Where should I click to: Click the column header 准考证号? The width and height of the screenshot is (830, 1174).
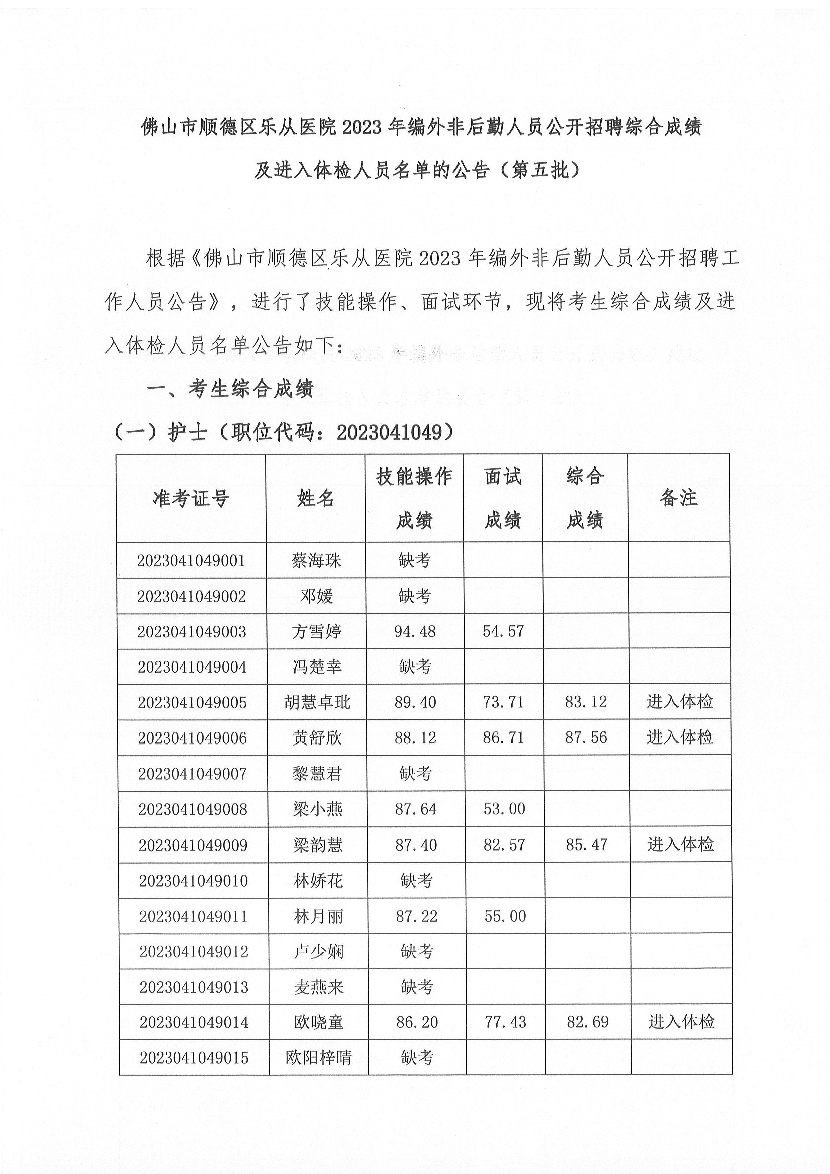pos(191,498)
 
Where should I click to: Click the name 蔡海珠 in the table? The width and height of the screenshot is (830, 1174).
pos(316,561)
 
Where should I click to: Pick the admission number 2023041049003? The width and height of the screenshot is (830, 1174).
pos(192,632)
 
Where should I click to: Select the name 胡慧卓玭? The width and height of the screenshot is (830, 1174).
pos(317,703)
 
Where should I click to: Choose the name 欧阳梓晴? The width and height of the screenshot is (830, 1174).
pos(319,1058)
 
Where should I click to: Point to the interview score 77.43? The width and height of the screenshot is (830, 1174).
pos(505,1022)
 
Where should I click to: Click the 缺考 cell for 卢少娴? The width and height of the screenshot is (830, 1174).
pos(417,952)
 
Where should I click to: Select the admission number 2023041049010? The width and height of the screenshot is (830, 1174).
pos(193,881)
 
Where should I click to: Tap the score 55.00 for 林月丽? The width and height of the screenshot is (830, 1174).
pos(505,916)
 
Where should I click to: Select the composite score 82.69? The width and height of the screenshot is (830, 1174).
pos(588,1022)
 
